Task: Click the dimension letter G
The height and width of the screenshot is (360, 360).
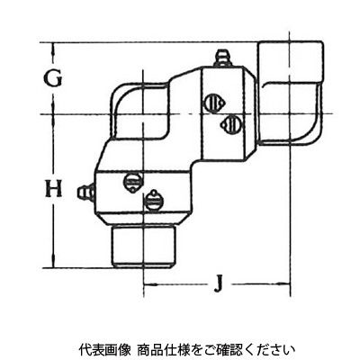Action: click(53, 77)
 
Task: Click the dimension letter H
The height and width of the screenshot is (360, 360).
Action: click(53, 188)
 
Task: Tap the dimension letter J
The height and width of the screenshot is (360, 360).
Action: click(219, 283)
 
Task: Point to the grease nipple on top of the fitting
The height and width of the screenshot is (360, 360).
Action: click(222, 58)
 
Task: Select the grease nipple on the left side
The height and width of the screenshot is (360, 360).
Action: click(86, 193)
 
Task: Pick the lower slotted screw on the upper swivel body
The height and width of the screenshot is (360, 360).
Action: click(229, 122)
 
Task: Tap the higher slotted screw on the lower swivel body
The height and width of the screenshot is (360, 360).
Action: click(132, 182)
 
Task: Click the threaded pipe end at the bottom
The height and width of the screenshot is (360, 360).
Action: click(144, 246)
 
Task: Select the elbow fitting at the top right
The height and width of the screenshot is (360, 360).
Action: click(291, 93)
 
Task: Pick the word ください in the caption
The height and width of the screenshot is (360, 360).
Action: click(269, 349)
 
